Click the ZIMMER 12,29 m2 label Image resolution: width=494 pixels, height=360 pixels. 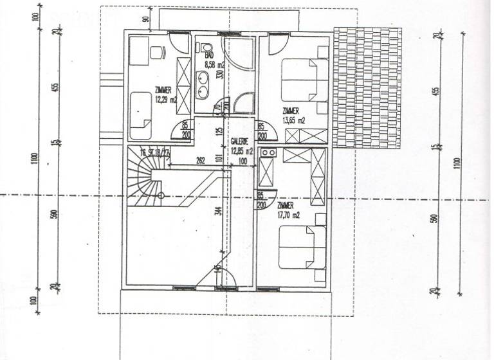coord(165,95)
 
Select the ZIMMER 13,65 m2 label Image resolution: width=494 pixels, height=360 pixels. coord(293,115)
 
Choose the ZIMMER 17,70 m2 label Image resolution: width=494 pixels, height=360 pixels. coord(288,211)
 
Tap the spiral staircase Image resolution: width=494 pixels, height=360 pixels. coord(145,179)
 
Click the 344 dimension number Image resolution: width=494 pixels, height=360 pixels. coord(219,211)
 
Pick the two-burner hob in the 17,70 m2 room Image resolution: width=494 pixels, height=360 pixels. coord(271,153)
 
